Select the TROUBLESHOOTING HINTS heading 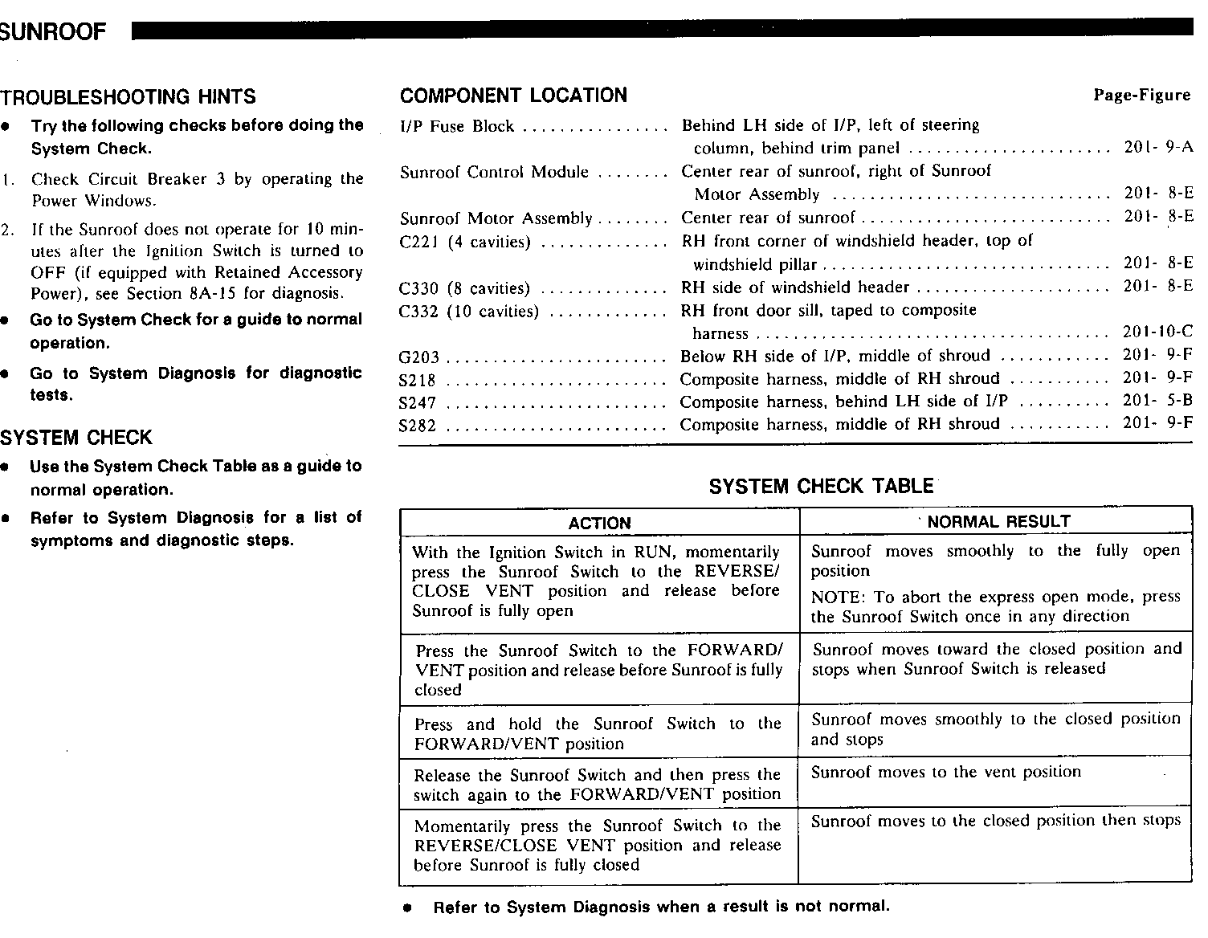[x=128, y=97]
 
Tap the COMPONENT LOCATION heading [x=513, y=96]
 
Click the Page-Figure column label [x=1141, y=96]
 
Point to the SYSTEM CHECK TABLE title [x=821, y=486]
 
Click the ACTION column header [x=599, y=523]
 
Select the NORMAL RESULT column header [x=998, y=522]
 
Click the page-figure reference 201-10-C [x=1157, y=332]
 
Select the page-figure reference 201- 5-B [x=1157, y=401]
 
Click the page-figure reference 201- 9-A [x=1158, y=148]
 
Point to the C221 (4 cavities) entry [x=465, y=243]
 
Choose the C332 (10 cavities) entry [x=468, y=312]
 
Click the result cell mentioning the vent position [x=945, y=773]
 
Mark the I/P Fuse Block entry [x=456, y=126]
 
